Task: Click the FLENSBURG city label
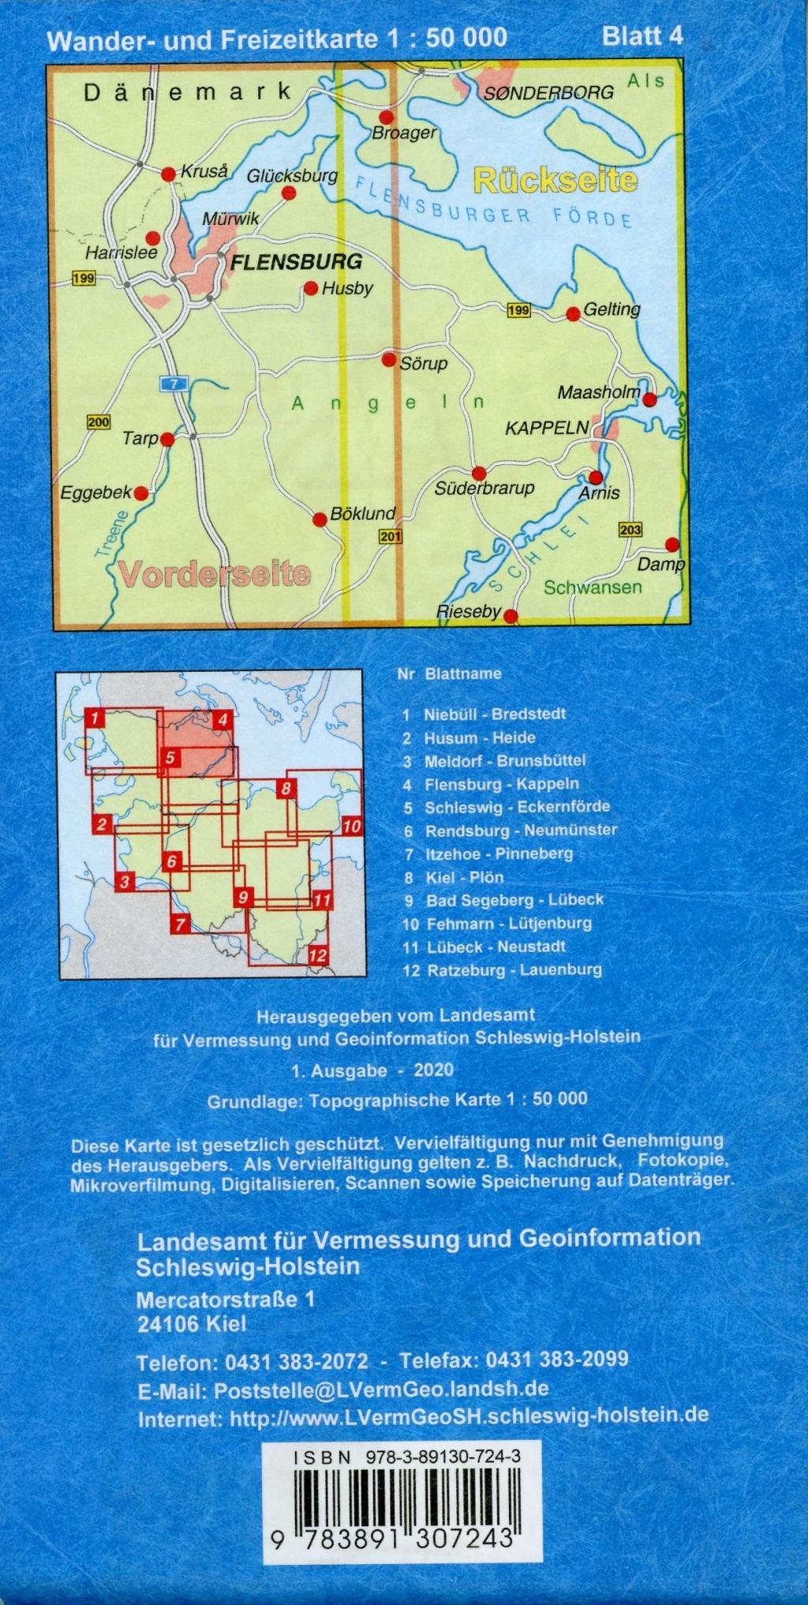(x=295, y=261)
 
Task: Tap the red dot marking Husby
(x=311, y=289)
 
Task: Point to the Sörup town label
(x=424, y=364)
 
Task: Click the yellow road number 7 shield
(x=174, y=384)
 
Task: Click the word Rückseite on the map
(x=555, y=180)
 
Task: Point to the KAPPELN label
(x=547, y=428)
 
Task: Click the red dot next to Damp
(x=671, y=544)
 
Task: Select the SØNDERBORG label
(x=548, y=92)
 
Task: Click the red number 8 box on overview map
(x=286, y=788)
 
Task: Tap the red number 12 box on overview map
(x=317, y=955)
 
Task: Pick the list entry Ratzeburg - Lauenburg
(x=514, y=969)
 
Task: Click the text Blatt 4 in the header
(x=642, y=36)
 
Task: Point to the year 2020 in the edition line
(x=432, y=1071)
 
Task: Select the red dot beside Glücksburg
(x=290, y=192)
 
